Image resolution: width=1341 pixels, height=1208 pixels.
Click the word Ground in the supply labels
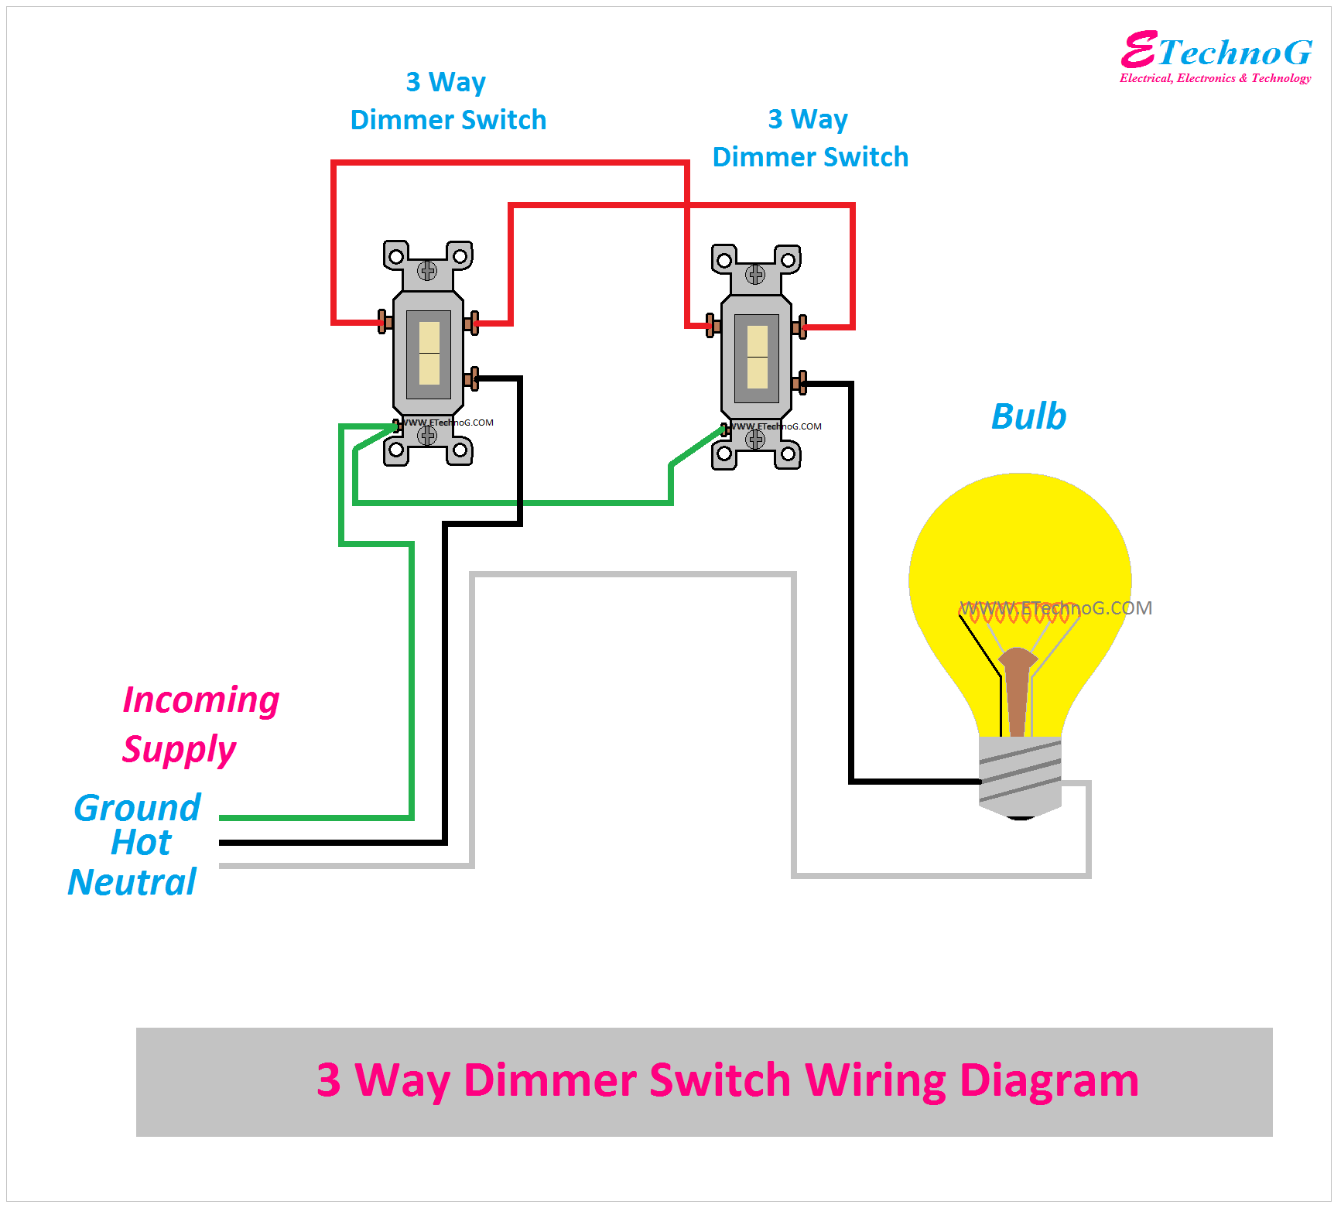click(x=137, y=808)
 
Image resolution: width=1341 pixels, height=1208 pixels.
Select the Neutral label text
click(x=132, y=882)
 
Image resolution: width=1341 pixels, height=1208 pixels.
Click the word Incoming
click(x=201, y=700)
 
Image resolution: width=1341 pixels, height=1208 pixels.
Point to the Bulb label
click(x=1028, y=416)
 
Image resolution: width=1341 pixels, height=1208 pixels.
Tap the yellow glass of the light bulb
click(x=1020, y=542)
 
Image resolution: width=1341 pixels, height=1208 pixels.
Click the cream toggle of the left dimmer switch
click(x=429, y=353)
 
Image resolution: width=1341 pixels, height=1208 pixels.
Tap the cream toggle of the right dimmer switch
click(x=757, y=357)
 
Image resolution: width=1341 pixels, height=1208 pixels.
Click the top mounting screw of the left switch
click(x=427, y=270)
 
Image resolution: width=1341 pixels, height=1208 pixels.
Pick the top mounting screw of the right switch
click(x=755, y=274)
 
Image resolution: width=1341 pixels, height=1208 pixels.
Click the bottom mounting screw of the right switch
click(x=755, y=440)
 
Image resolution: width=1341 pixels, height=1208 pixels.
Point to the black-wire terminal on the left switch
click(x=472, y=378)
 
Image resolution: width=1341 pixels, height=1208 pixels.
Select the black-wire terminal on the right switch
click(x=800, y=382)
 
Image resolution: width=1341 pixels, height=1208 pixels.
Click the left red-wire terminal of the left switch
click(x=384, y=321)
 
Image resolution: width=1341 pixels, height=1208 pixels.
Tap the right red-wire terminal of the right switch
click(x=800, y=327)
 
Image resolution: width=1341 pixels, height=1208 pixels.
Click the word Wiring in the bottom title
click(x=875, y=1080)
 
